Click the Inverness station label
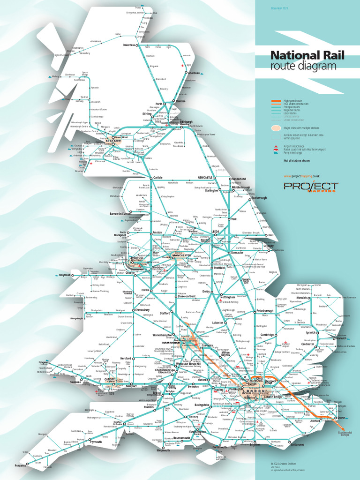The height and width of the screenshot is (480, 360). (x=129, y=45)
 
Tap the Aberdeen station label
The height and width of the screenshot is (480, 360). (x=194, y=73)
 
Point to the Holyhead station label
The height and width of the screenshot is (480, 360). (x=64, y=275)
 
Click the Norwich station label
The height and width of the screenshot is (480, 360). (x=301, y=297)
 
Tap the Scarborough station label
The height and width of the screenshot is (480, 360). (x=258, y=198)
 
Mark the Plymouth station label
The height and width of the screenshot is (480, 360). (x=96, y=442)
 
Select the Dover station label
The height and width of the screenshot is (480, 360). (x=341, y=418)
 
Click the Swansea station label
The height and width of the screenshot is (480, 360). (x=62, y=382)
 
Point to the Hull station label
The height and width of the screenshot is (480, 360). (x=270, y=235)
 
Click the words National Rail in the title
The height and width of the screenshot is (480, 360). (x=307, y=56)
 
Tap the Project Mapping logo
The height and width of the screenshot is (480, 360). (x=310, y=187)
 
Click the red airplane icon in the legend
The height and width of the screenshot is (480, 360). (x=276, y=147)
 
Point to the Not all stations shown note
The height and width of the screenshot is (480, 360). (x=296, y=161)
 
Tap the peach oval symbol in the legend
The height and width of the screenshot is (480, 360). (x=276, y=127)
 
